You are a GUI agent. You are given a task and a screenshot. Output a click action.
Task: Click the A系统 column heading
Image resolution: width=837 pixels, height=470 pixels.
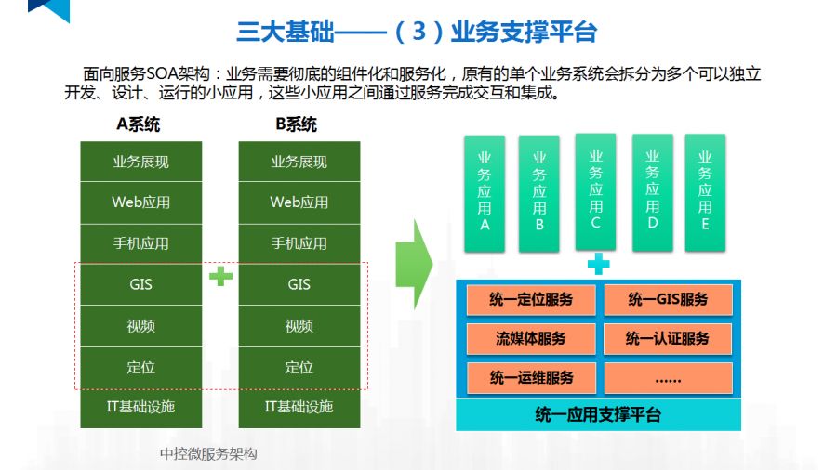(139, 125)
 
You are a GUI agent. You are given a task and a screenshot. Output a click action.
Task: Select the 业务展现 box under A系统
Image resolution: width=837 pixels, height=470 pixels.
(141, 162)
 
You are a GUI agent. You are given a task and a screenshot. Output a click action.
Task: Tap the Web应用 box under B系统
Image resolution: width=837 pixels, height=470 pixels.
(299, 202)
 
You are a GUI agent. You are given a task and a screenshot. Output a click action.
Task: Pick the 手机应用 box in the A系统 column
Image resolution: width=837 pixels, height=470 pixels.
(141, 243)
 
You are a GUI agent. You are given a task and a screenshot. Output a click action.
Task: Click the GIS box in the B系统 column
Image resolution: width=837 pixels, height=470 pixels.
(299, 284)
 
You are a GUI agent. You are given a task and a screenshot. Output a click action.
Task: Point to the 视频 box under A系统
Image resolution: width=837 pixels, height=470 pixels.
(141, 326)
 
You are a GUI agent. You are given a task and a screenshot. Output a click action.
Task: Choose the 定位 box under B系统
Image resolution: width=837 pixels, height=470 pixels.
(299, 367)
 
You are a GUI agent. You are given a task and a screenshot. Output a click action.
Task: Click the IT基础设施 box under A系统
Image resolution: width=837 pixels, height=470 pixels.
(141, 407)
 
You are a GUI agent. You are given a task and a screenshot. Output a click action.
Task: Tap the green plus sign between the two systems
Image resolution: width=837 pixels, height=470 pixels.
(220, 276)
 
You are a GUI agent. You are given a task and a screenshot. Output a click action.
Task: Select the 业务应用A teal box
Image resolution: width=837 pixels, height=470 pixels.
(485, 194)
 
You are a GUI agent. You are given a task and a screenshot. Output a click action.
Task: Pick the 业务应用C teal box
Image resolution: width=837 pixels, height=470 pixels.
(595, 190)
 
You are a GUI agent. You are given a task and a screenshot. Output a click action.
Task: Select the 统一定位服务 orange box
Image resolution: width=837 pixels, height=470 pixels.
(531, 300)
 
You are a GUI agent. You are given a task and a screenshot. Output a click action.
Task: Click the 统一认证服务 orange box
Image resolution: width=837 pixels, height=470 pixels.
(668, 339)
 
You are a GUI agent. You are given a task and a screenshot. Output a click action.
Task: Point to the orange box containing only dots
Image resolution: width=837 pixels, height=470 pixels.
(668, 378)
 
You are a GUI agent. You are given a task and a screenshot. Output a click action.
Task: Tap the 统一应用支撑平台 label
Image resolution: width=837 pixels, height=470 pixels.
(598, 414)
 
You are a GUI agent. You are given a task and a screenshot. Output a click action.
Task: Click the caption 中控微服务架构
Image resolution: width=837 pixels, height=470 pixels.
(208, 453)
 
